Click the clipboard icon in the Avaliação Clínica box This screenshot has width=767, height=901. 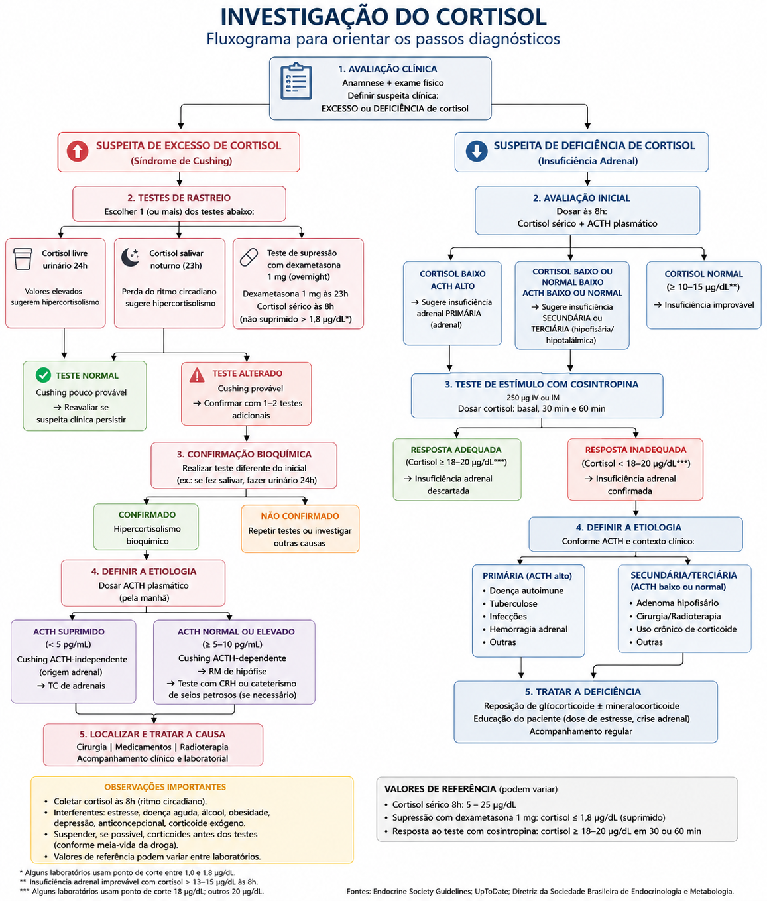pos(296,81)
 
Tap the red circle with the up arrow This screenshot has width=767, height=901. pos(78,151)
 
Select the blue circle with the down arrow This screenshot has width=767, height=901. pos(477,151)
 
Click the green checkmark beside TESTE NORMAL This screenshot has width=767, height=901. pos(43,375)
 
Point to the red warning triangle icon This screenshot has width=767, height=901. pos(197,375)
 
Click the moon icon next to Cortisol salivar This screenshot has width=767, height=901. pos(130,257)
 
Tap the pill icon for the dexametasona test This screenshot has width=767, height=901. pos(249,257)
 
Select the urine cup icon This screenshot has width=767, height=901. pos(23,259)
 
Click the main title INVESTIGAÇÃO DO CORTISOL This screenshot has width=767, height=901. pos(383,17)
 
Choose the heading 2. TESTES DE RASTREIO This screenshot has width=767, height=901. pos(179,198)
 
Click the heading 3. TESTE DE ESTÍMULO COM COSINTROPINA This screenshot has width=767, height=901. pos(541,384)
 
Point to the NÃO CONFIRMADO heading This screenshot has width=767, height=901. pos(300,516)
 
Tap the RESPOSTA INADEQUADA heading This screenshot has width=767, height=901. pos(635,450)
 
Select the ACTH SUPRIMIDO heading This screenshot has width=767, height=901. pos(69,632)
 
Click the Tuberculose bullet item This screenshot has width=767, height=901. pos(510,604)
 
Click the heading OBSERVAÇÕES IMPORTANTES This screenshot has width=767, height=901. pos(165,787)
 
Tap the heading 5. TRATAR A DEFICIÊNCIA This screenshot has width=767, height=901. pos(583,691)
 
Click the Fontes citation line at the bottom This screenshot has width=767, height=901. pos(540,892)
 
